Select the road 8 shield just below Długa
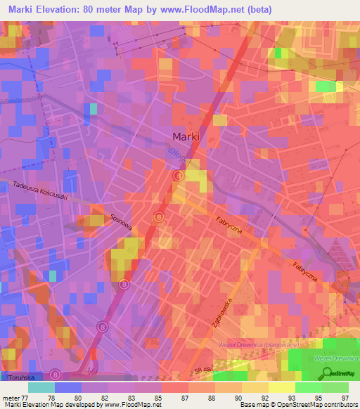click(179, 175)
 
